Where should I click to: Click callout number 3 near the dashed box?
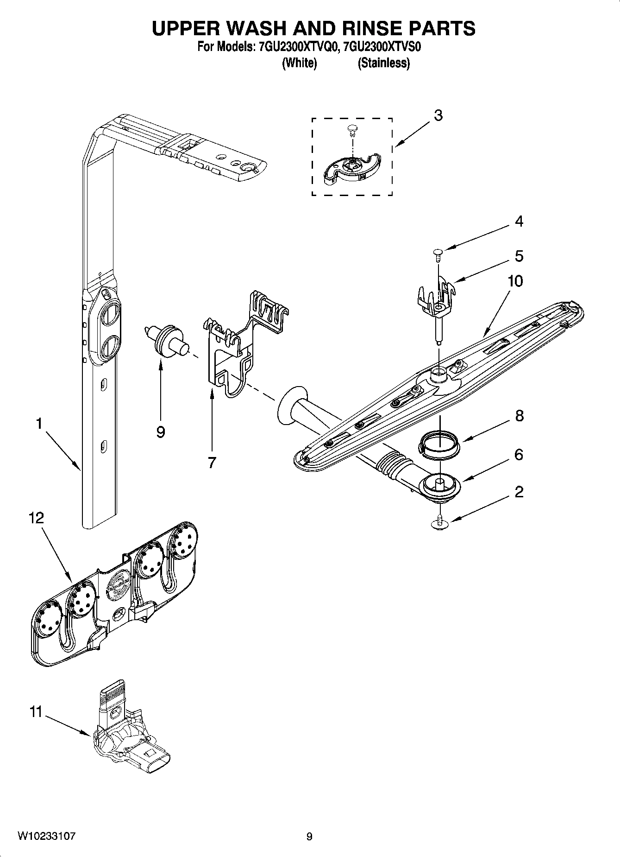pos(438,115)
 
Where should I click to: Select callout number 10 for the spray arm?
pos(515,281)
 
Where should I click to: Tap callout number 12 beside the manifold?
pos(37,518)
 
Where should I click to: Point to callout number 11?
pos(36,711)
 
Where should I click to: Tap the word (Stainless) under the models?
pos(383,63)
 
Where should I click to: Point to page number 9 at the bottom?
pos(309,837)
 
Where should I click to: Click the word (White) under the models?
pos(299,63)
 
